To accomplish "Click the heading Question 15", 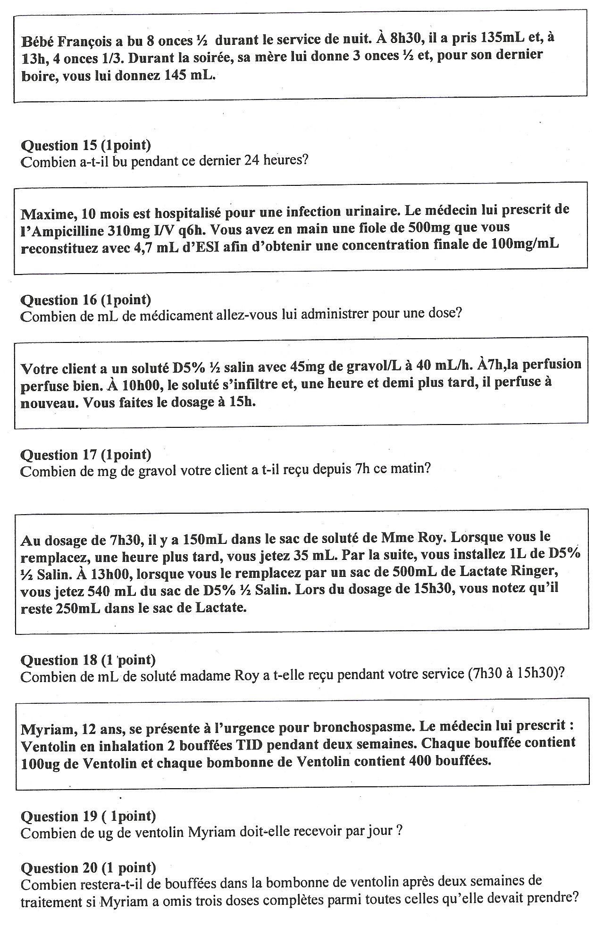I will coord(86,145).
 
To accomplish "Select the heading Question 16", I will coord(86,300).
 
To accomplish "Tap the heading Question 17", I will coord(86,455).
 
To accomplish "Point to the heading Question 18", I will coord(88,660).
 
